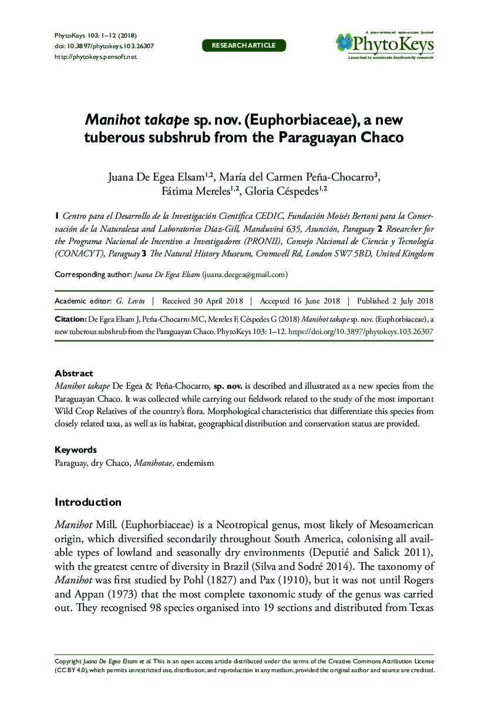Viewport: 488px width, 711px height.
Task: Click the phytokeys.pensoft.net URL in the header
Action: click(x=95, y=56)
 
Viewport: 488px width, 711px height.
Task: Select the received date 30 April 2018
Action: click(x=202, y=301)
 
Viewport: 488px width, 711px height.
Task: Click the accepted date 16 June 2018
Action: click(x=299, y=301)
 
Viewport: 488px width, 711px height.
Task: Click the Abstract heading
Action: click(x=73, y=373)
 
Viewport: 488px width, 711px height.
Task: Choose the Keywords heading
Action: click(x=75, y=450)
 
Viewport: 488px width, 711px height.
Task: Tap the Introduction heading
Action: click(x=87, y=502)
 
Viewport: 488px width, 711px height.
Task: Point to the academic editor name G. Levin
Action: click(x=127, y=301)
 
